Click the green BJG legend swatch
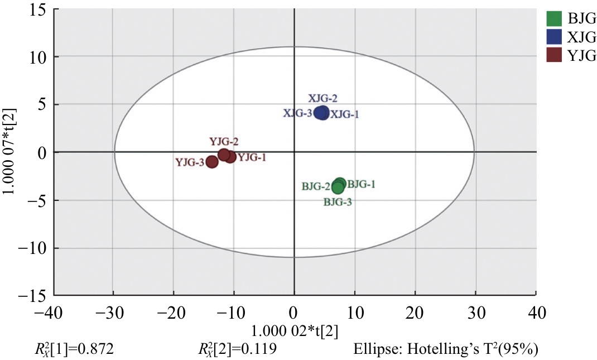click(x=553, y=18)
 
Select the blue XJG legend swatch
click(x=553, y=37)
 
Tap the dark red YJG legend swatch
click(x=553, y=55)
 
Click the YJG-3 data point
click(x=212, y=162)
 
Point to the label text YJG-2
click(x=224, y=142)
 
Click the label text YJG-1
click(x=252, y=157)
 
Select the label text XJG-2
click(x=323, y=98)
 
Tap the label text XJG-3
click(x=298, y=113)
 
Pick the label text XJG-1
click(x=345, y=114)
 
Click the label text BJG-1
click(x=361, y=184)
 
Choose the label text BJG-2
click(x=316, y=185)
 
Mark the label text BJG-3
click(x=338, y=202)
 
